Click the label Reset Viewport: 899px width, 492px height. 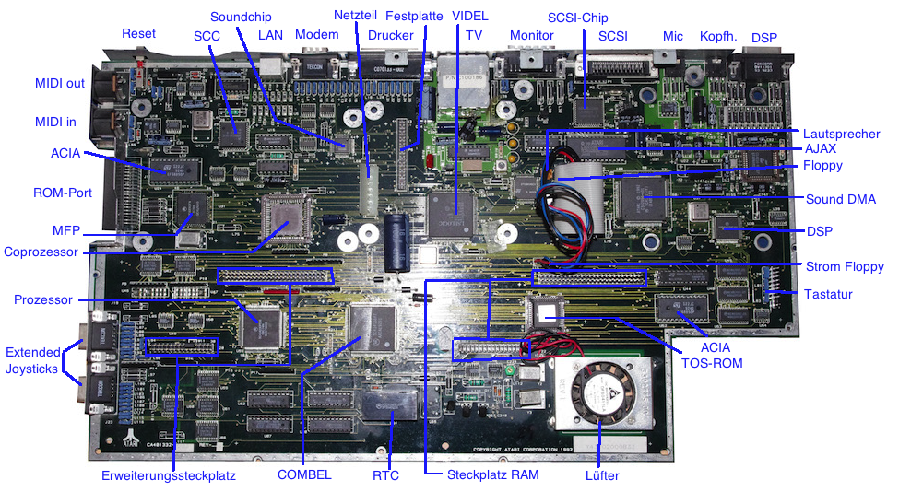pos(138,34)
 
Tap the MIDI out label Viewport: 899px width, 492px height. pos(60,84)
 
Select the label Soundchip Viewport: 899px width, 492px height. pos(240,18)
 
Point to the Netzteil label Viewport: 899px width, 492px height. pos(353,16)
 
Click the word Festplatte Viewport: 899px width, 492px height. pos(414,17)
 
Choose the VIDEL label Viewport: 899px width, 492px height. pos(470,17)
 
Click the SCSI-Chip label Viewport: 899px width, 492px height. pos(578,18)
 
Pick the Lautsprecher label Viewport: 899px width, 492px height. pos(841,134)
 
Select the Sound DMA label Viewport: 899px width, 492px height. pos(841,199)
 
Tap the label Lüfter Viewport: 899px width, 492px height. pos(602,475)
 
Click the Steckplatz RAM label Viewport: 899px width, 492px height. pos(493,475)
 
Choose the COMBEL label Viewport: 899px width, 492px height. pos(303,475)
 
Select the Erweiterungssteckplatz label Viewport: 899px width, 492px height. pos(169,476)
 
